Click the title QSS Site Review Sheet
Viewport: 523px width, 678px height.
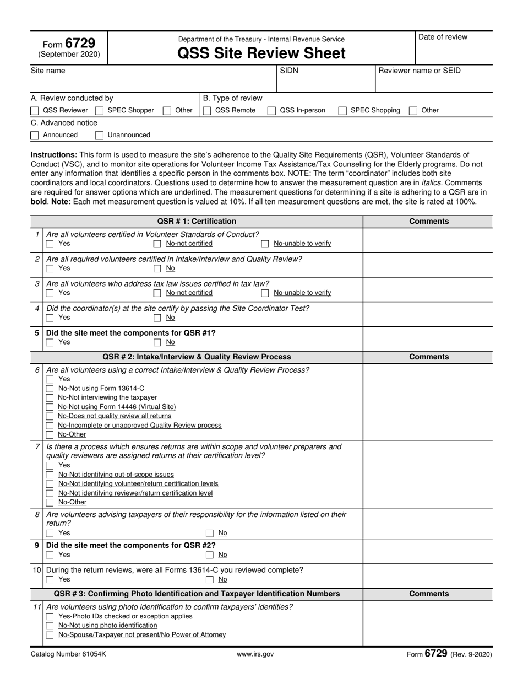(261, 53)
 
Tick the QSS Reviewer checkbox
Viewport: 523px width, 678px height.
(35, 111)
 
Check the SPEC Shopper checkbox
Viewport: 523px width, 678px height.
(100, 111)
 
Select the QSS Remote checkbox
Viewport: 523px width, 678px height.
(207, 111)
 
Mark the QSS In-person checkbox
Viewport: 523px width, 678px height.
(271, 111)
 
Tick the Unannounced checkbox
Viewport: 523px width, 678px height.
(100, 135)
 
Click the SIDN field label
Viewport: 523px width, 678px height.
(289, 71)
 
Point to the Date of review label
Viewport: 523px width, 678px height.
(443, 37)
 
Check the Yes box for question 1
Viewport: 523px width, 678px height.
(50, 244)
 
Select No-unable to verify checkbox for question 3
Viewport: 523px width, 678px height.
(265, 293)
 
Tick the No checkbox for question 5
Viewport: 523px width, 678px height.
(157, 342)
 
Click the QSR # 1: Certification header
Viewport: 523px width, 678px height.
(197, 222)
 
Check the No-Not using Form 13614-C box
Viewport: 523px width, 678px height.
(50, 389)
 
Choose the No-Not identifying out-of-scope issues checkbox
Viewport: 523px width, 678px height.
(50, 475)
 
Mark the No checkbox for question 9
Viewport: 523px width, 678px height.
(210, 555)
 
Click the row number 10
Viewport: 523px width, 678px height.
(37, 570)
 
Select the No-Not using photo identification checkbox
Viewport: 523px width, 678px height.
(50, 626)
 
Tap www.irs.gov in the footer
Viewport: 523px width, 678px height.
(255, 654)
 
